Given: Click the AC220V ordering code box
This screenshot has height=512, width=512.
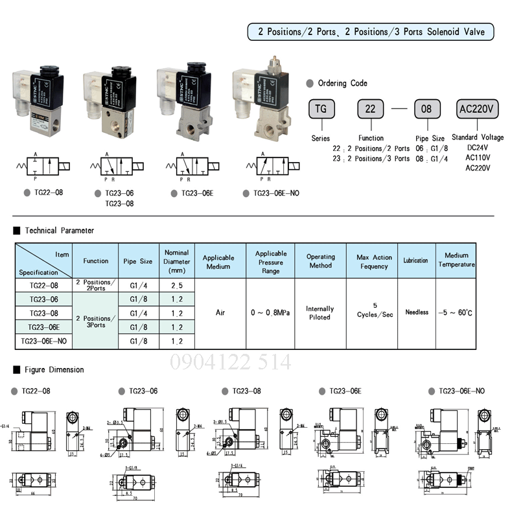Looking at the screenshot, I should pyautogui.click(x=478, y=109).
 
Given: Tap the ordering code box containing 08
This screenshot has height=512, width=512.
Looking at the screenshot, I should pyautogui.click(x=426, y=109).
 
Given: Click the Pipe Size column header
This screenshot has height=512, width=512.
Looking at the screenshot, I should pyautogui.click(x=138, y=261).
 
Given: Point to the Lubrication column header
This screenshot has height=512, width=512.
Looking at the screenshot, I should pyautogui.click(x=415, y=261).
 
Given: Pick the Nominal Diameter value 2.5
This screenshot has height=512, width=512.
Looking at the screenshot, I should pyautogui.click(x=176, y=285).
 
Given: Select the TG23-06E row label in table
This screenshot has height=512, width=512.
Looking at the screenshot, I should pyautogui.click(x=43, y=327).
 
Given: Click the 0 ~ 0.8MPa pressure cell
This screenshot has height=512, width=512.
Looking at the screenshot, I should pyautogui.click(x=270, y=312).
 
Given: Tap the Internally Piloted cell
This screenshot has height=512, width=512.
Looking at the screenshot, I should pyautogui.click(x=320, y=313).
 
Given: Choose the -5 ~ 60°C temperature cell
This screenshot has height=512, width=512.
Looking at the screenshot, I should pyautogui.click(x=456, y=312).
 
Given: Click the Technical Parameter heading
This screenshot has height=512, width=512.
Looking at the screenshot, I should pyautogui.click(x=59, y=230).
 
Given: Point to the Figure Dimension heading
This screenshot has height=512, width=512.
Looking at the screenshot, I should pyautogui.click(x=54, y=369).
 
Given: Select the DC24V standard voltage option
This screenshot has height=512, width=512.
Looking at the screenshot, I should pyautogui.click(x=477, y=147).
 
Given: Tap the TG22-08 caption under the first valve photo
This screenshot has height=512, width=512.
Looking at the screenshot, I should pyautogui.click(x=49, y=192).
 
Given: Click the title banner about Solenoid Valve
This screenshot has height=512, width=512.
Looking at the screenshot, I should pyautogui.click(x=371, y=32).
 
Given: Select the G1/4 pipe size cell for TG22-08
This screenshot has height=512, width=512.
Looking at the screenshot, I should pyautogui.click(x=138, y=285).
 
